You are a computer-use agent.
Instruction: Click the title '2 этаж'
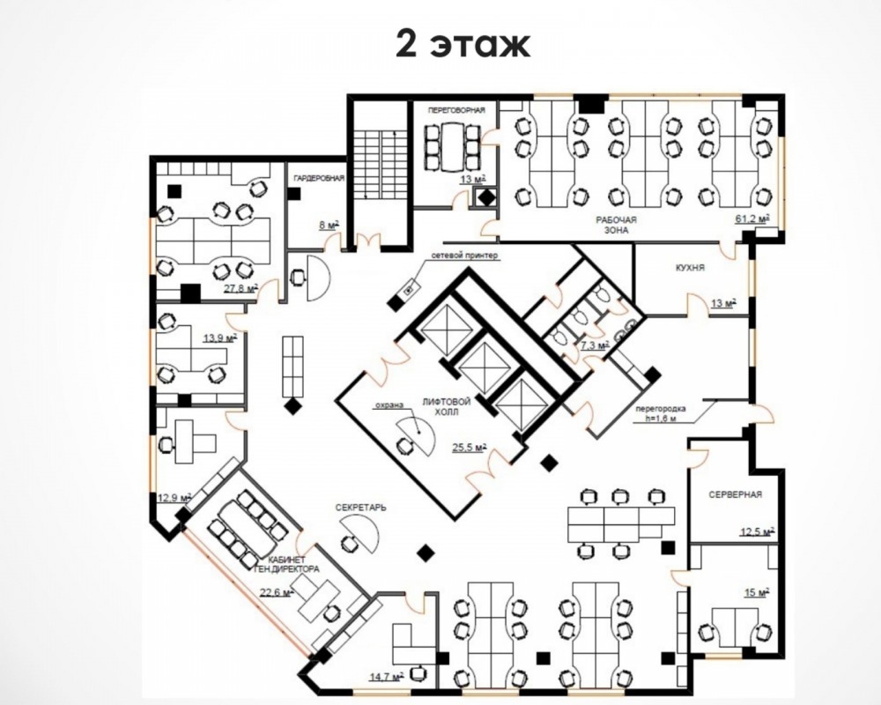pyautogui.click(x=463, y=44)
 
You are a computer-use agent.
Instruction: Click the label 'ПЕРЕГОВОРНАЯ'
pyautogui.click(x=455, y=110)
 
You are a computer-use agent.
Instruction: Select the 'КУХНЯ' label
pyautogui.click(x=690, y=268)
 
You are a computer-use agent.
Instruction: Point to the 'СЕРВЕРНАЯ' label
pyautogui.click(x=735, y=494)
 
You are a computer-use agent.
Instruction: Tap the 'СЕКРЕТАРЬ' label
pyautogui.click(x=360, y=507)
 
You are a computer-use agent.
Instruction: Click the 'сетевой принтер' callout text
pyautogui.click(x=464, y=256)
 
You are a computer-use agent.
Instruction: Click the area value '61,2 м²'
pyautogui.click(x=751, y=219)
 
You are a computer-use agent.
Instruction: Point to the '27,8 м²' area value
pyautogui.click(x=241, y=288)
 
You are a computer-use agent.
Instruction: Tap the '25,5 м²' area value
pyautogui.click(x=470, y=448)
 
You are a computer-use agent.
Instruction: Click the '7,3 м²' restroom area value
pyautogui.click(x=595, y=345)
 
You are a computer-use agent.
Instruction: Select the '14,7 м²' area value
pyautogui.click(x=387, y=677)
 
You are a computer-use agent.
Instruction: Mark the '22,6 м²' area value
pyautogui.click(x=277, y=592)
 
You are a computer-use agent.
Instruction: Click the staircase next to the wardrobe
pyautogui.click(x=381, y=165)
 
